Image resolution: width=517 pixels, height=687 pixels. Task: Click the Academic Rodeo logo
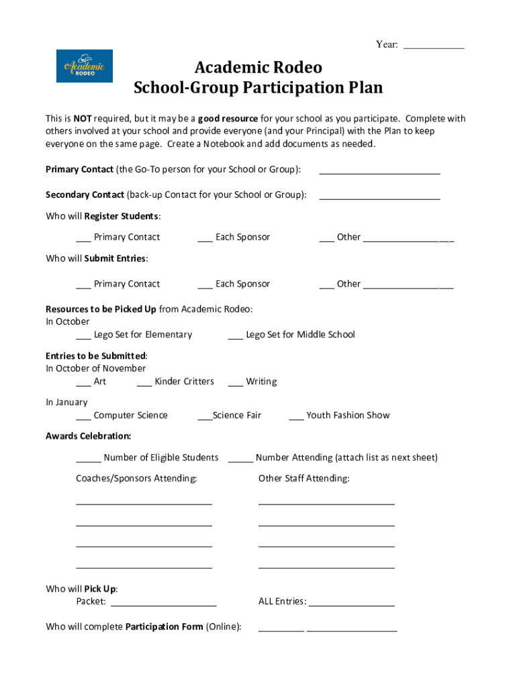[x=84, y=66]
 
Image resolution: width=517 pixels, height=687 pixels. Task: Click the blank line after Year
[x=434, y=46]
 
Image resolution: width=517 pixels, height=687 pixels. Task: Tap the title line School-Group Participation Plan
[x=258, y=88]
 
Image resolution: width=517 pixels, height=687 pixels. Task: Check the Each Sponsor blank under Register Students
[x=205, y=239]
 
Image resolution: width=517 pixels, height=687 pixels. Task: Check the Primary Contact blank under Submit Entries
[x=83, y=286]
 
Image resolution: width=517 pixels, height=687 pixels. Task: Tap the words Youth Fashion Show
[x=348, y=415]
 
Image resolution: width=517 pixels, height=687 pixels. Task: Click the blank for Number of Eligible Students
[x=88, y=460]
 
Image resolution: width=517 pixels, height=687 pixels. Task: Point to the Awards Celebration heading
[x=88, y=436]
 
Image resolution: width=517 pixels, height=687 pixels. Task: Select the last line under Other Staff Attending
[x=326, y=566]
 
